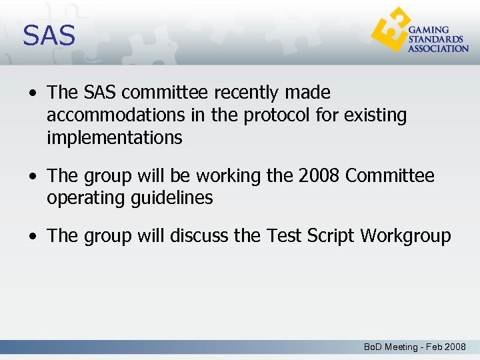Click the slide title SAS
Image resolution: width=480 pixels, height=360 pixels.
[x=49, y=35]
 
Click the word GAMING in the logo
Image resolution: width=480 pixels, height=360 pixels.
[x=429, y=31]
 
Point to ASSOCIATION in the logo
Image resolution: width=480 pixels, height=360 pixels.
[x=438, y=49]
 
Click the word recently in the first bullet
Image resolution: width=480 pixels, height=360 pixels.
[x=238, y=93]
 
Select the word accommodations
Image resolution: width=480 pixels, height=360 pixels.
[x=115, y=115]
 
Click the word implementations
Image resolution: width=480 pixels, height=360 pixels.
[x=114, y=138]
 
